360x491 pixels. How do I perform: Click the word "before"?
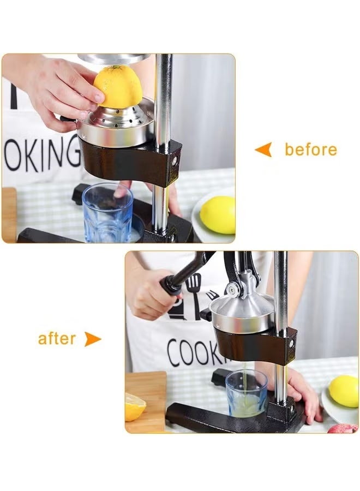tap(310, 149)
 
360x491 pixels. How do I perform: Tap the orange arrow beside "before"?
tap(263, 149)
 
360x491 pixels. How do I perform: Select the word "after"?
tap(57, 339)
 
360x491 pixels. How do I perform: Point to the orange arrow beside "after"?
tap(92, 339)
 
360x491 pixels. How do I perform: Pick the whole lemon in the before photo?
tap(218, 214)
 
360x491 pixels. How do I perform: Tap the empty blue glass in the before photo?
tap(107, 212)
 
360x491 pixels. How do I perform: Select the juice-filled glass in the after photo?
tap(247, 393)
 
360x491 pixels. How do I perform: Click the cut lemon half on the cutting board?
tap(134, 407)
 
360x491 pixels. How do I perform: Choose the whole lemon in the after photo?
tap(344, 391)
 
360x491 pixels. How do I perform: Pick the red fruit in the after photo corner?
tap(343, 428)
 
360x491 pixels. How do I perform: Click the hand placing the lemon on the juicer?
tap(60, 90)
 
